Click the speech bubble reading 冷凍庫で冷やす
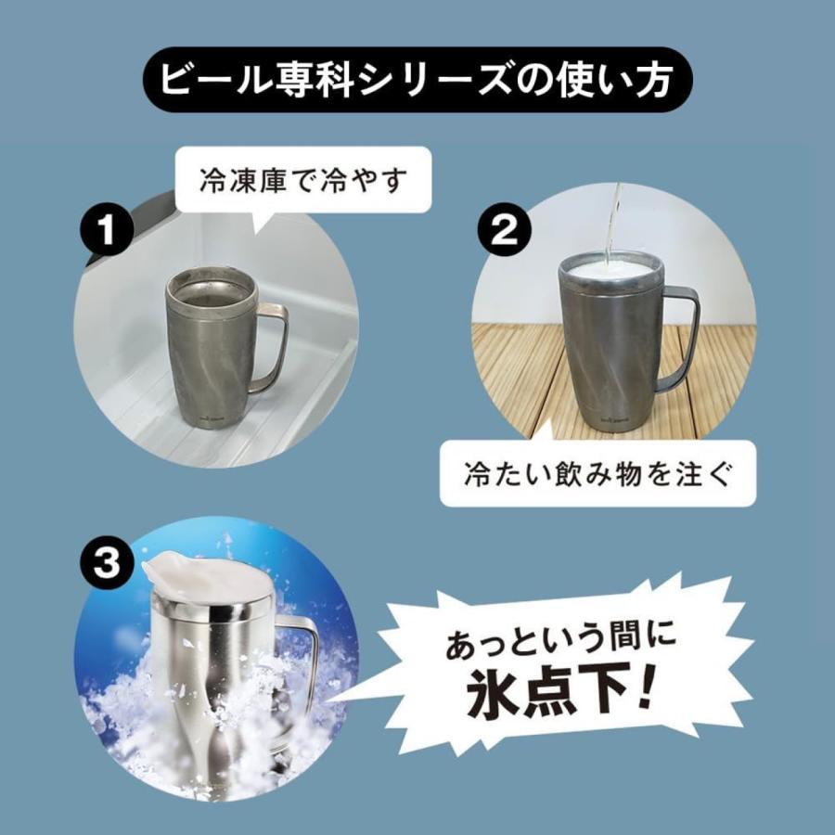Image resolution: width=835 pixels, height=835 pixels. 303,180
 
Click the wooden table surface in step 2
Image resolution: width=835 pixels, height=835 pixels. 520,371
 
